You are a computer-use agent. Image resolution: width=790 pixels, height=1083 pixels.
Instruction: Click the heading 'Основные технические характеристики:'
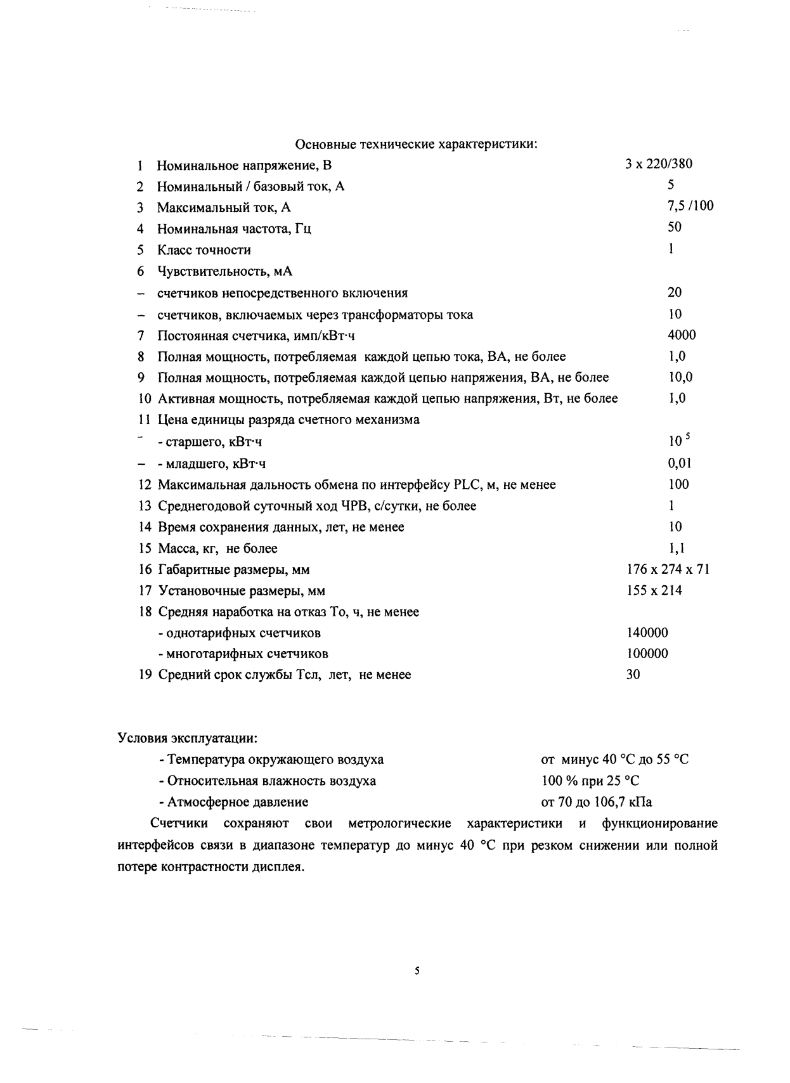[x=417, y=144]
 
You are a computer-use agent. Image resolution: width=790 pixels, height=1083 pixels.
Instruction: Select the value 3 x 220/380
[x=658, y=164]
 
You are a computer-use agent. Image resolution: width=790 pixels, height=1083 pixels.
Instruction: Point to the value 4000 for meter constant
[x=682, y=335]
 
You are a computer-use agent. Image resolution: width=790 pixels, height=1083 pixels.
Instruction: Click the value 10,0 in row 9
[x=680, y=377]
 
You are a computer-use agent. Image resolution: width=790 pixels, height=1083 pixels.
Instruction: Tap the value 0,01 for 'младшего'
[x=680, y=463]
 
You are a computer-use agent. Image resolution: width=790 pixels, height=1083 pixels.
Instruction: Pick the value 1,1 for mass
[x=677, y=548]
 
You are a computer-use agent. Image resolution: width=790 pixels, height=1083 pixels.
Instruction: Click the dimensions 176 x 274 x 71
[x=668, y=569]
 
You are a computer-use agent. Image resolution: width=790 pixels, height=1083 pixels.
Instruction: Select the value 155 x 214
[x=654, y=590]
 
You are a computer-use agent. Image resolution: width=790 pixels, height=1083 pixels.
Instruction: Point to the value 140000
[x=647, y=633]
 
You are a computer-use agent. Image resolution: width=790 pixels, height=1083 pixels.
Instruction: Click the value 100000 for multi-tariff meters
[x=647, y=654]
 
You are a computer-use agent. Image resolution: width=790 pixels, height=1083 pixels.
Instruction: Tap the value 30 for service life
[x=633, y=675]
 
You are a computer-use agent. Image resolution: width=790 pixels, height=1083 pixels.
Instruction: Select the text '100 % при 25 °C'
[x=590, y=781]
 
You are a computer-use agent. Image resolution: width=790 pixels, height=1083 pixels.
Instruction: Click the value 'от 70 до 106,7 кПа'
[x=596, y=802]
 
